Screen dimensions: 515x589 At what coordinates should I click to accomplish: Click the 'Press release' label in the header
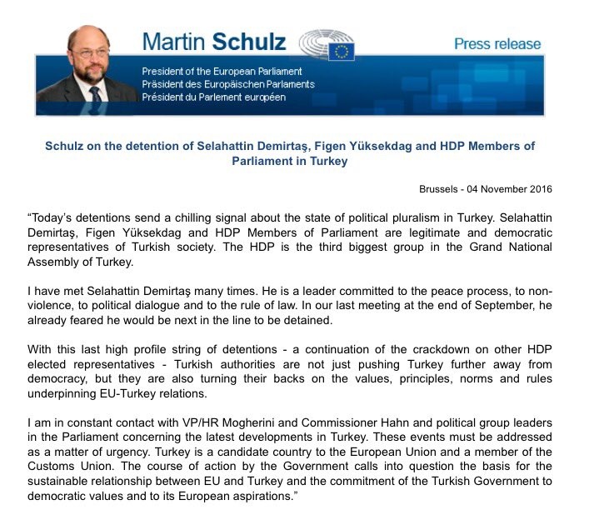pyautogui.click(x=497, y=44)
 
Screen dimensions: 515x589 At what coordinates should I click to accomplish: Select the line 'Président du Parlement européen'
pyautogui.click(x=213, y=97)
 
